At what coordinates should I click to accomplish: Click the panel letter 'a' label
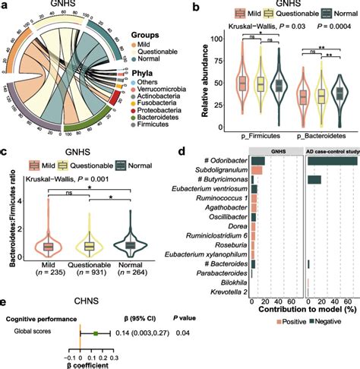click(7, 6)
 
